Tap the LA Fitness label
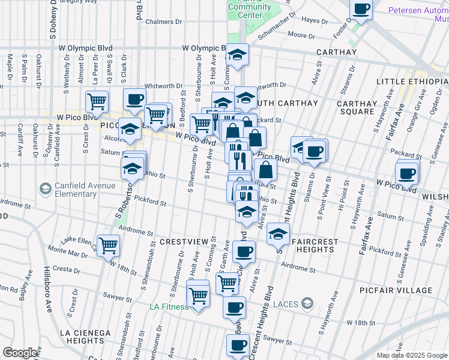(x=169, y=307)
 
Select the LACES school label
(x=286, y=304)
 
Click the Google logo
(x=20, y=353)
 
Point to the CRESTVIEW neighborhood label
(x=184, y=241)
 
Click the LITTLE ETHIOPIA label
(x=412, y=82)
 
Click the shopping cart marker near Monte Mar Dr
(x=108, y=244)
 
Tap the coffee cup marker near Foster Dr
(x=362, y=9)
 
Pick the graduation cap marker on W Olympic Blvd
(x=237, y=55)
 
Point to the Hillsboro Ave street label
(x=46, y=290)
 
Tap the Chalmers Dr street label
(x=163, y=22)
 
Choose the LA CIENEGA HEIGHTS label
(x=85, y=337)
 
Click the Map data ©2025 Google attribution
(x=412, y=355)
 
